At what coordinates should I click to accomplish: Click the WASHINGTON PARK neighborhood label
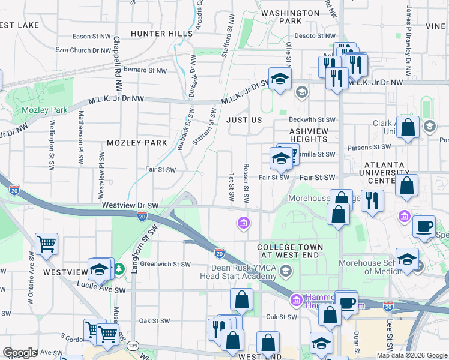pyautogui.click(x=291, y=17)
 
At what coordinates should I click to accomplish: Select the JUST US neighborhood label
pyautogui.click(x=244, y=120)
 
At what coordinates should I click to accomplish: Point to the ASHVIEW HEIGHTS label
pyautogui.click(x=309, y=134)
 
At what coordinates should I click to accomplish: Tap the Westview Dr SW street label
pyautogui.click(x=130, y=205)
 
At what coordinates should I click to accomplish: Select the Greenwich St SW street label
pyautogui.click(x=166, y=264)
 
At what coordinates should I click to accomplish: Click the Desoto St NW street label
pyautogui.click(x=313, y=35)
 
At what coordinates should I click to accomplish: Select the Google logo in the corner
pyautogui.click(x=20, y=353)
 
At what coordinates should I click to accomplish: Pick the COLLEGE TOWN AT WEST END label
pyautogui.click(x=290, y=251)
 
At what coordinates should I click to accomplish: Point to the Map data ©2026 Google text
pyautogui.click(x=411, y=355)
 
